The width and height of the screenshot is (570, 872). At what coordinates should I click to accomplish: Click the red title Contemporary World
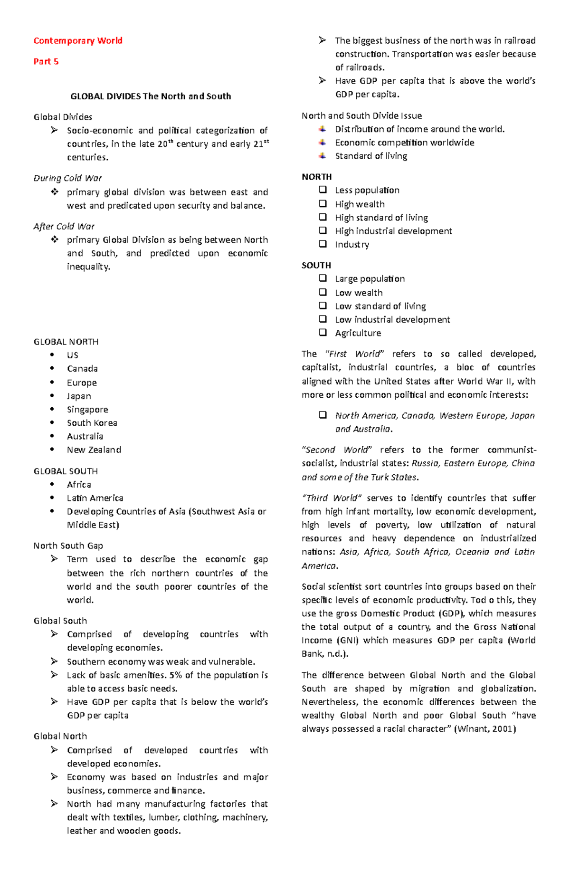tap(78, 41)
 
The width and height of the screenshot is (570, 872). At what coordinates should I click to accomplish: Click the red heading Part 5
tap(46, 61)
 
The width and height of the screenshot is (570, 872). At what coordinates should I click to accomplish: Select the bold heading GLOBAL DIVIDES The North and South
tap(151, 96)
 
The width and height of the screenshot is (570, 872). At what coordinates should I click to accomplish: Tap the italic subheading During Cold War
tap(67, 178)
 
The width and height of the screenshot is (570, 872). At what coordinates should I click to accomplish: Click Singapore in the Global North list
tap(87, 410)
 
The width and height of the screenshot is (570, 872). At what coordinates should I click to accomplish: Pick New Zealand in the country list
tap(94, 450)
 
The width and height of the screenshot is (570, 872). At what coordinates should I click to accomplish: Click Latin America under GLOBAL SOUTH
tap(95, 498)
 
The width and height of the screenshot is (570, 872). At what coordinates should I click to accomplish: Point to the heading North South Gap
tap(68, 546)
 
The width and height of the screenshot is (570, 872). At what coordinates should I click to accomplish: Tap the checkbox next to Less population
tap(323, 190)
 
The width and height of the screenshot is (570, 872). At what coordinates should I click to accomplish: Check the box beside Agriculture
tap(323, 332)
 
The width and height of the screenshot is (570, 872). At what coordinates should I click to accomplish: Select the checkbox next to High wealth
tap(323, 203)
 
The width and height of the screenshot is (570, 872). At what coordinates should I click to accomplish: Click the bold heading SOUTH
tap(316, 265)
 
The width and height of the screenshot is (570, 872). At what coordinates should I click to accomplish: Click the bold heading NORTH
tap(316, 177)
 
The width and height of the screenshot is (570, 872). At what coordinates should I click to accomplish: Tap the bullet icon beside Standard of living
tap(323, 155)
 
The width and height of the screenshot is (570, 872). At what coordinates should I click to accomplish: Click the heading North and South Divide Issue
tap(361, 115)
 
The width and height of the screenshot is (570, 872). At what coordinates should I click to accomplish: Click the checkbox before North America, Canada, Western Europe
tap(323, 415)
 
